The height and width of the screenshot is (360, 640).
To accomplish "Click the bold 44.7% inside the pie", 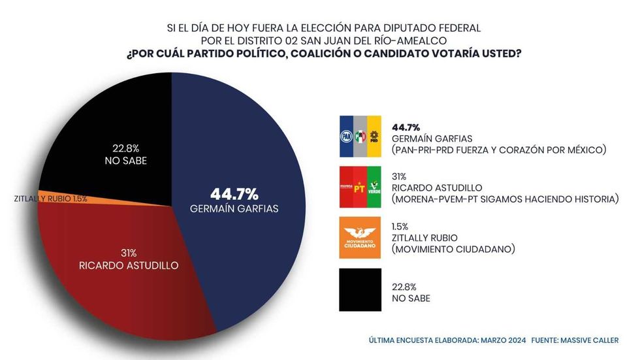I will [x=234, y=193].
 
